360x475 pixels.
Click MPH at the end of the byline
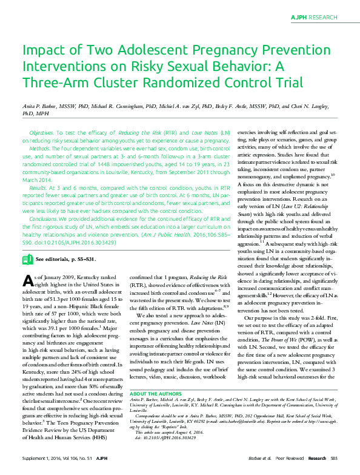pos(43,113)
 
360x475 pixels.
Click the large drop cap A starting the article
pos(27,280)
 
